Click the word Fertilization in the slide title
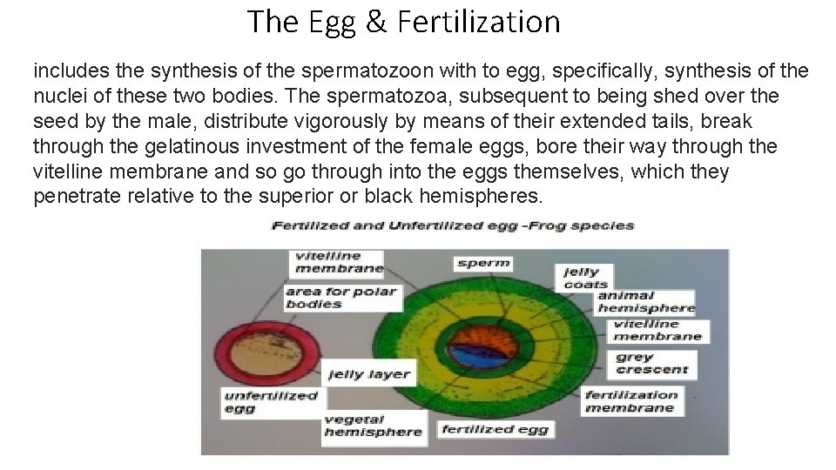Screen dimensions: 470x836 pyautogui.click(x=478, y=22)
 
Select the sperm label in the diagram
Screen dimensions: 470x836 pyautogui.click(x=482, y=262)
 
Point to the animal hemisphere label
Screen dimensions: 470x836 pyautogui.click(x=645, y=301)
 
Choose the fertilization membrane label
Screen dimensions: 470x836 pyautogui.click(x=630, y=401)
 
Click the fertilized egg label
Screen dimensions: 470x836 pyautogui.click(x=495, y=429)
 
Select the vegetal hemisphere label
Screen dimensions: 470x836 pyautogui.click(x=373, y=426)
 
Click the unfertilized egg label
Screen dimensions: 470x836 pyautogui.click(x=271, y=401)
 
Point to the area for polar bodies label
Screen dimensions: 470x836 pyautogui.click(x=341, y=298)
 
